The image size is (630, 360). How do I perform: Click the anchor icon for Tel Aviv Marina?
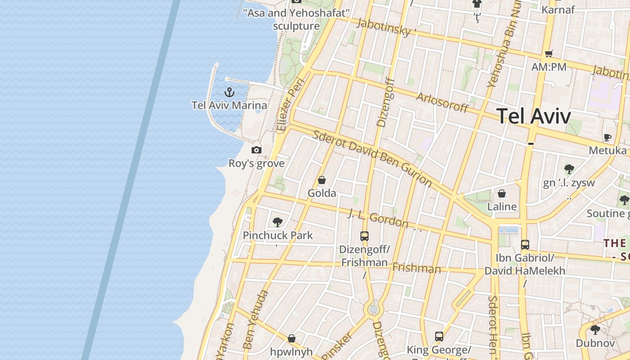click(x=229, y=93)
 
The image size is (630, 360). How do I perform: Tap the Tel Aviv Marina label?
click(x=229, y=105)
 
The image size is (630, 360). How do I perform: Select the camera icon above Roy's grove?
click(x=256, y=150)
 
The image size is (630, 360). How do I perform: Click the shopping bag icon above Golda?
click(x=322, y=180)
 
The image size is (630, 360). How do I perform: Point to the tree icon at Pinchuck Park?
click(x=277, y=222)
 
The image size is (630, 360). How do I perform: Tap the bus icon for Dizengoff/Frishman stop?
click(x=364, y=236)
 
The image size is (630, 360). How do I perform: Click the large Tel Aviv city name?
click(x=534, y=116)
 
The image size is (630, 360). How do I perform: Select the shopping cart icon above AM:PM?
click(x=549, y=54)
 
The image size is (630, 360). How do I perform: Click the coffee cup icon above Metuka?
click(x=607, y=137)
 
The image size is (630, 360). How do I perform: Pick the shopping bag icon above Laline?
click(x=502, y=193)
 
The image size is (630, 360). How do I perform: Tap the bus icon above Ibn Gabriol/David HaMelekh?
click(x=525, y=245)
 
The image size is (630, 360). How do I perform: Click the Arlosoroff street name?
click(x=442, y=103)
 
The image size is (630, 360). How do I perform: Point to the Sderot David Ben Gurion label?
click(x=372, y=159)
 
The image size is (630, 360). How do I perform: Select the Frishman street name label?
click(x=416, y=269)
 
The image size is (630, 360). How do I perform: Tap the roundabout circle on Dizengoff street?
click(x=373, y=310)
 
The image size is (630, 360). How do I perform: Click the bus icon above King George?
click(x=439, y=336)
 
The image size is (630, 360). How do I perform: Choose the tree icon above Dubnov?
click(x=595, y=330)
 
